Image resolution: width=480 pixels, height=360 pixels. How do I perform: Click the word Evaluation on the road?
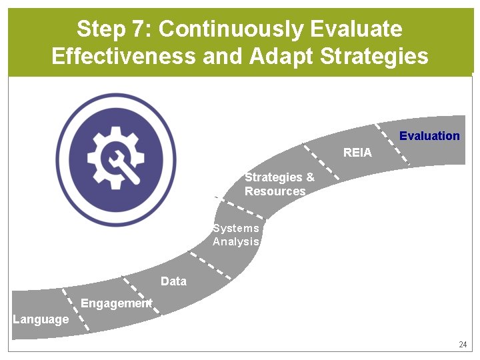429,136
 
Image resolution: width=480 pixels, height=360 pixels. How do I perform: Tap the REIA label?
357,153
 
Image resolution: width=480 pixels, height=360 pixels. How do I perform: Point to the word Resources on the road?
275,191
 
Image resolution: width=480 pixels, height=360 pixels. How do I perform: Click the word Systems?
236,229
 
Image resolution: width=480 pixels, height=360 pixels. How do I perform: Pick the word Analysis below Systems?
235,242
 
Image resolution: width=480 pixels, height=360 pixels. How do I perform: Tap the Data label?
173,281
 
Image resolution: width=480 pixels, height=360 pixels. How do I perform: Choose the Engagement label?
116,303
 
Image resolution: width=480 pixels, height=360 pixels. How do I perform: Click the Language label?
41,319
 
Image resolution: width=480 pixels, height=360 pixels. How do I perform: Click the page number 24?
463,345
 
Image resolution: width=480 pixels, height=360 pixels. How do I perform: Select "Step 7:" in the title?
114,29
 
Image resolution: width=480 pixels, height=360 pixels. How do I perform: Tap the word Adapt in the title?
281,56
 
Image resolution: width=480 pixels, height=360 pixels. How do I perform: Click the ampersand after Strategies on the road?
310,177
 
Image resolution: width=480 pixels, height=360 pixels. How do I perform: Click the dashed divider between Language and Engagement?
75,309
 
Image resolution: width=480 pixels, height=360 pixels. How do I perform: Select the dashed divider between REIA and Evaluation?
392,144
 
